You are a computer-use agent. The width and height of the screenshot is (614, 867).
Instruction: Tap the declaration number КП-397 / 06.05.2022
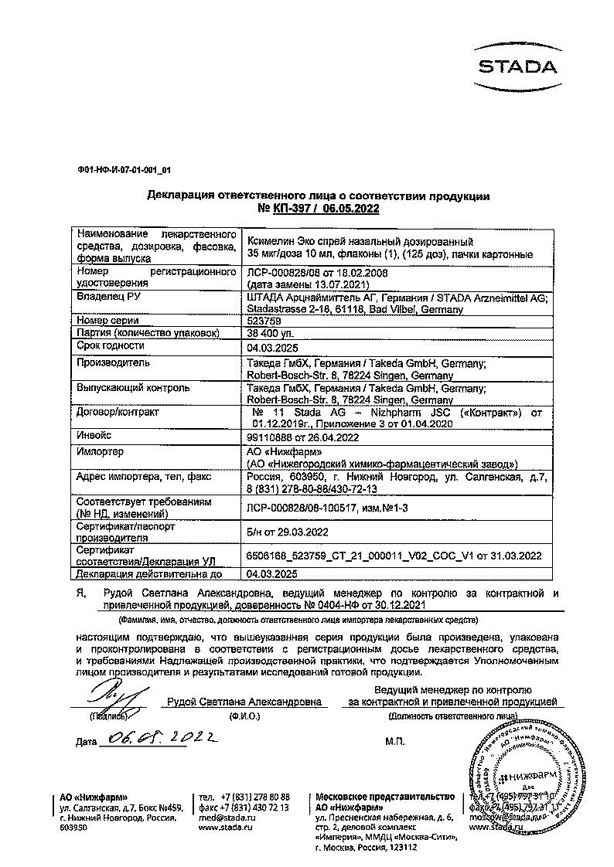[318, 209]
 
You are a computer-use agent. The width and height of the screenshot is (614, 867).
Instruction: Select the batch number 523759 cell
[263, 321]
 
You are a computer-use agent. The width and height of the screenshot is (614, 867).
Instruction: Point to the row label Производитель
[114, 362]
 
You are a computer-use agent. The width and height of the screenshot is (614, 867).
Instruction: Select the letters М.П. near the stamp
[394, 741]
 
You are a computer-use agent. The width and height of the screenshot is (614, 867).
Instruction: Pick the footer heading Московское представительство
[384, 797]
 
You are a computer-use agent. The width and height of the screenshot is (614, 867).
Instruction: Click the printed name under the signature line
[244, 702]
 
